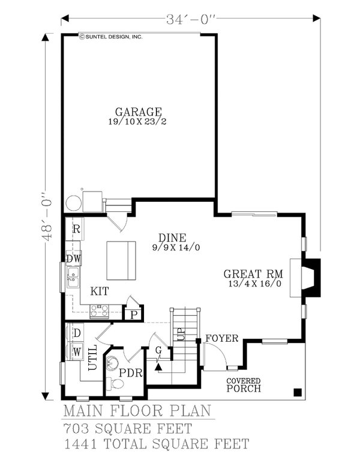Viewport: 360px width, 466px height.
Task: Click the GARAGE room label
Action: pos(139,112)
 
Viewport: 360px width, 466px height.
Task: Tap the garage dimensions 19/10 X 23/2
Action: pos(139,122)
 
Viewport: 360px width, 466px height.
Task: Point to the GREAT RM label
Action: pos(255,271)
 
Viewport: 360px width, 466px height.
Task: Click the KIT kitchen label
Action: pos(100,291)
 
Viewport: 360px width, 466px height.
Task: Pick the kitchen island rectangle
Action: pos(122,260)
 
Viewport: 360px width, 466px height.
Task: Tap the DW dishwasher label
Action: pos(74,259)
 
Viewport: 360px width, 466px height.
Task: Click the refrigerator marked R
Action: pos(77,229)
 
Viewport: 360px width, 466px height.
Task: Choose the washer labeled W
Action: pos(77,350)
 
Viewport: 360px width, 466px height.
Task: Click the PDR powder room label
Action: pos(130,373)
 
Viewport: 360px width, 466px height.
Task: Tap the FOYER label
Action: pos(221,338)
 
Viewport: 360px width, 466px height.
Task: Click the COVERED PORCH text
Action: pos(243,385)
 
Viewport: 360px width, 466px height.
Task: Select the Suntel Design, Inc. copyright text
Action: pos(111,37)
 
